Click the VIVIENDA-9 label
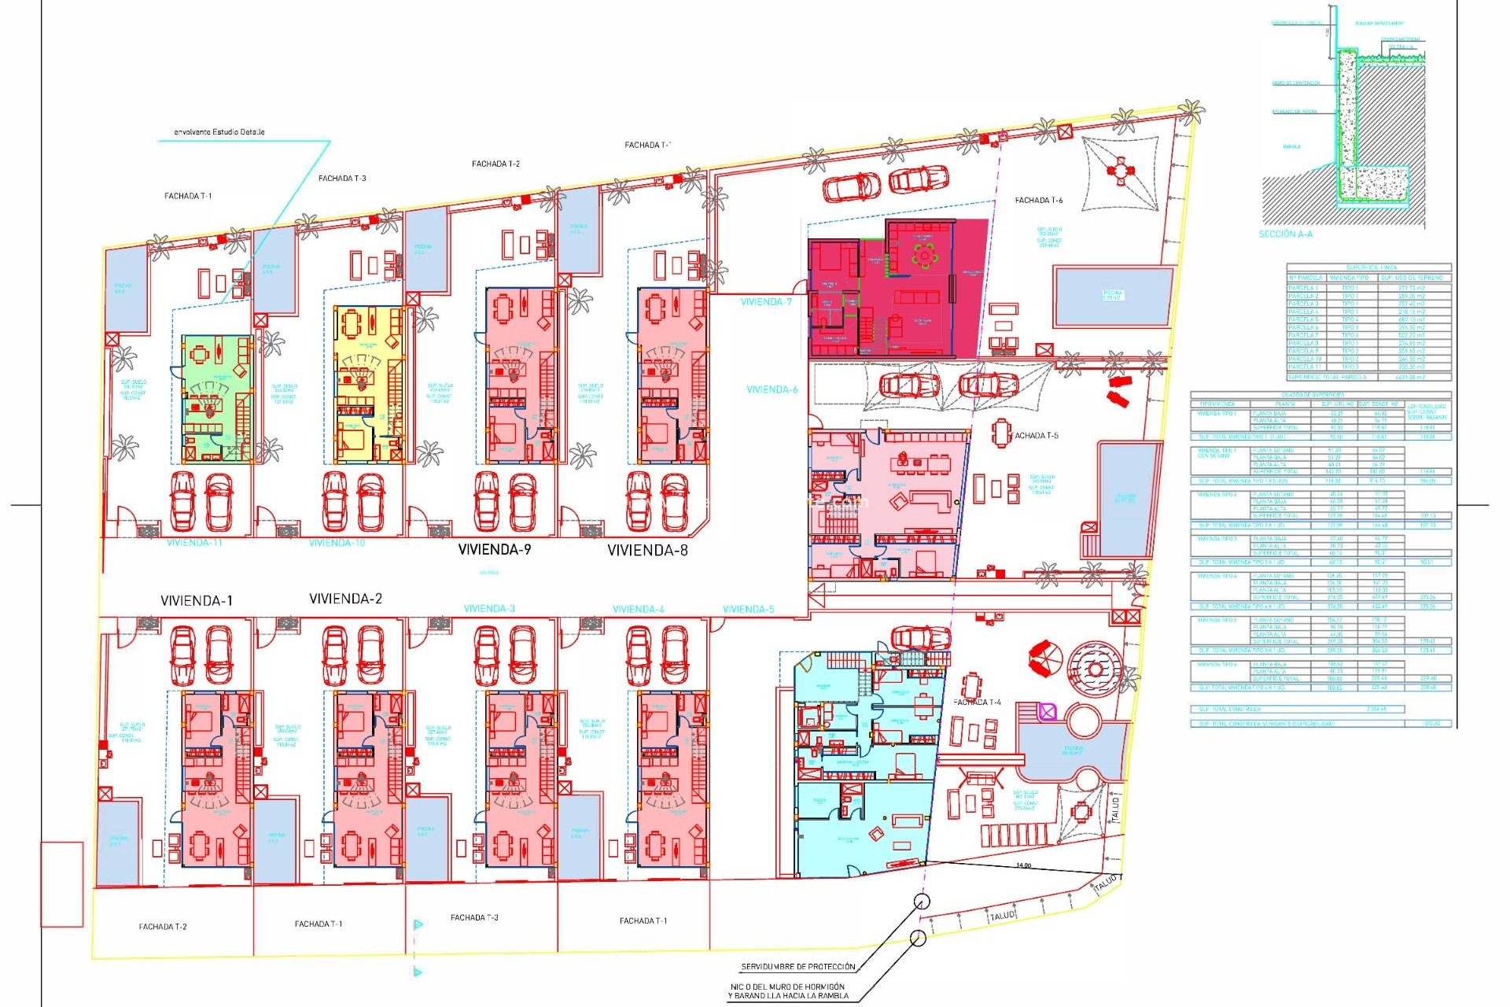pyautogui.click(x=495, y=549)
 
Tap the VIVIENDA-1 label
pyautogui.click(x=197, y=600)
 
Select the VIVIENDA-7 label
pyautogui.click(x=766, y=302)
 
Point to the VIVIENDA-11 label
pyautogui.click(x=193, y=543)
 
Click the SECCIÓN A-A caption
pyautogui.click(x=1285, y=234)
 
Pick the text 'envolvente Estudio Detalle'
pyautogui.click(x=219, y=132)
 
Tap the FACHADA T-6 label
pyautogui.click(x=1038, y=201)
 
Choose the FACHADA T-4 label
pyautogui.click(x=977, y=702)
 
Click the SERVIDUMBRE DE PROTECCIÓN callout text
pyautogui.click(x=797, y=967)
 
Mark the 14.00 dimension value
pyautogui.click(x=1023, y=865)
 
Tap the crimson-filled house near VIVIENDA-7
pyautogui.click(x=897, y=288)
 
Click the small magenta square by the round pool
pyautogui.click(x=1048, y=712)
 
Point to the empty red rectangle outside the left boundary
pyautogui.click(x=62, y=884)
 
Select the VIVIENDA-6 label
pyautogui.click(x=772, y=389)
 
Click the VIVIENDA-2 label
pyautogui.click(x=345, y=599)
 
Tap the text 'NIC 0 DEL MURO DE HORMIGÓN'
pyautogui.click(x=787, y=987)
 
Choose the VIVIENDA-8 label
pyautogui.click(x=647, y=551)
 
